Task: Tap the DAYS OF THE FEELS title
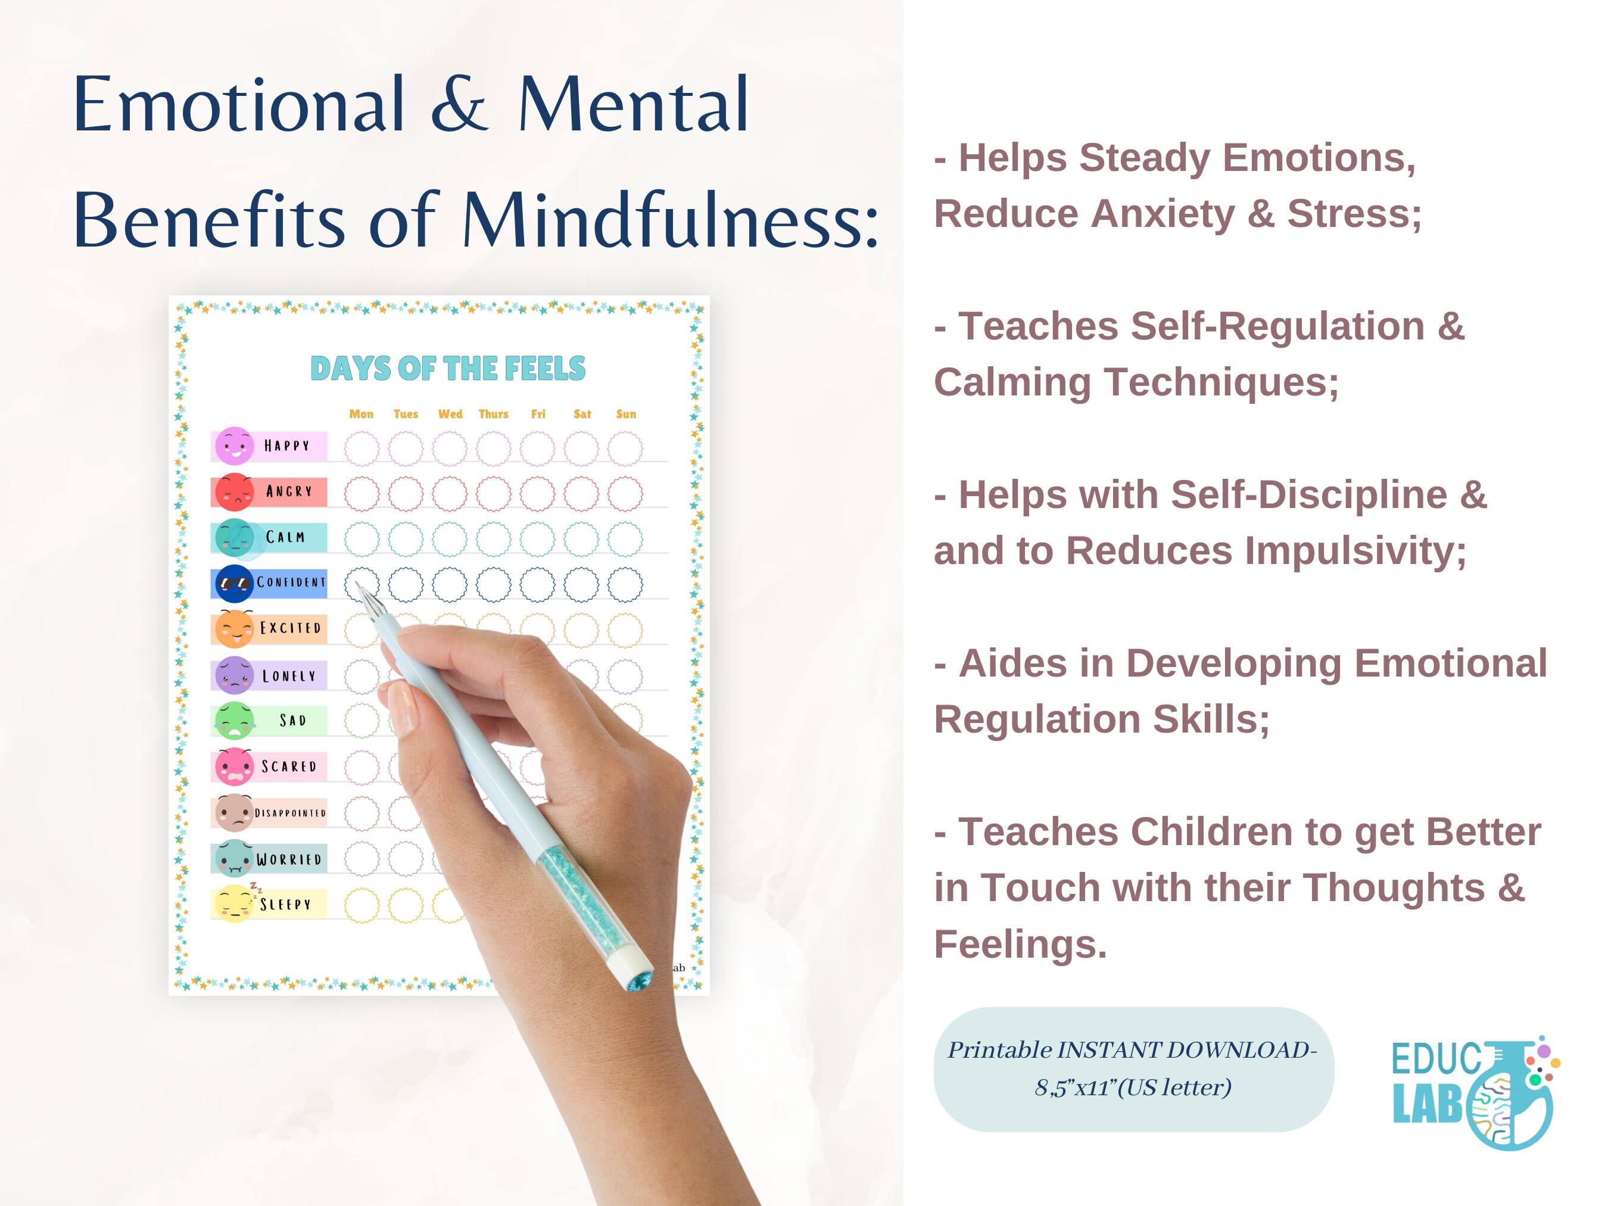click(x=448, y=369)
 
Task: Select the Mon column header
click(x=362, y=414)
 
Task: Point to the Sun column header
click(x=626, y=414)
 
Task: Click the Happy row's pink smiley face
click(x=234, y=446)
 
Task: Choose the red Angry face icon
click(x=234, y=492)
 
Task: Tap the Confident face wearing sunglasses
click(x=234, y=583)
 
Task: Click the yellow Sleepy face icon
click(x=233, y=903)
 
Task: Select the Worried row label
click(x=289, y=859)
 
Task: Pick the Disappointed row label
click(x=290, y=813)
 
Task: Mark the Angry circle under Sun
click(x=625, y=494)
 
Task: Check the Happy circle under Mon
click(x=362, y=448)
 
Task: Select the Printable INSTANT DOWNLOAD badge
click(x=1133, y=1068)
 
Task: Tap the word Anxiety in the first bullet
click(x=1163, y=214)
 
